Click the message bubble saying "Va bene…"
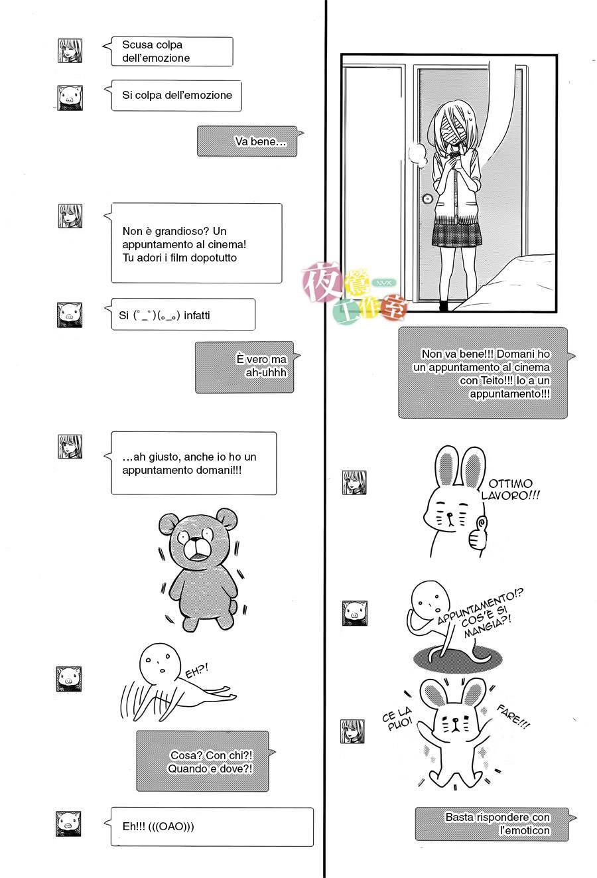(247, 141)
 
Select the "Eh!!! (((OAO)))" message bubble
(211, 826)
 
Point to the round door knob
(427, 198)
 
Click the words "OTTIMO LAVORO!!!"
(510, 490)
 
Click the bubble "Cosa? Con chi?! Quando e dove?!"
(202, 761)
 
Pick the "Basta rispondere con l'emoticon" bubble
(492, 824)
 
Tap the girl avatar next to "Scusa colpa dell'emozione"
(69, 50)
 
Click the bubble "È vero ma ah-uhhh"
(243, 366)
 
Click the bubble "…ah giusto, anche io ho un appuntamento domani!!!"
(193, 463)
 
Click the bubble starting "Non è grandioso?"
(196, 244)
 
